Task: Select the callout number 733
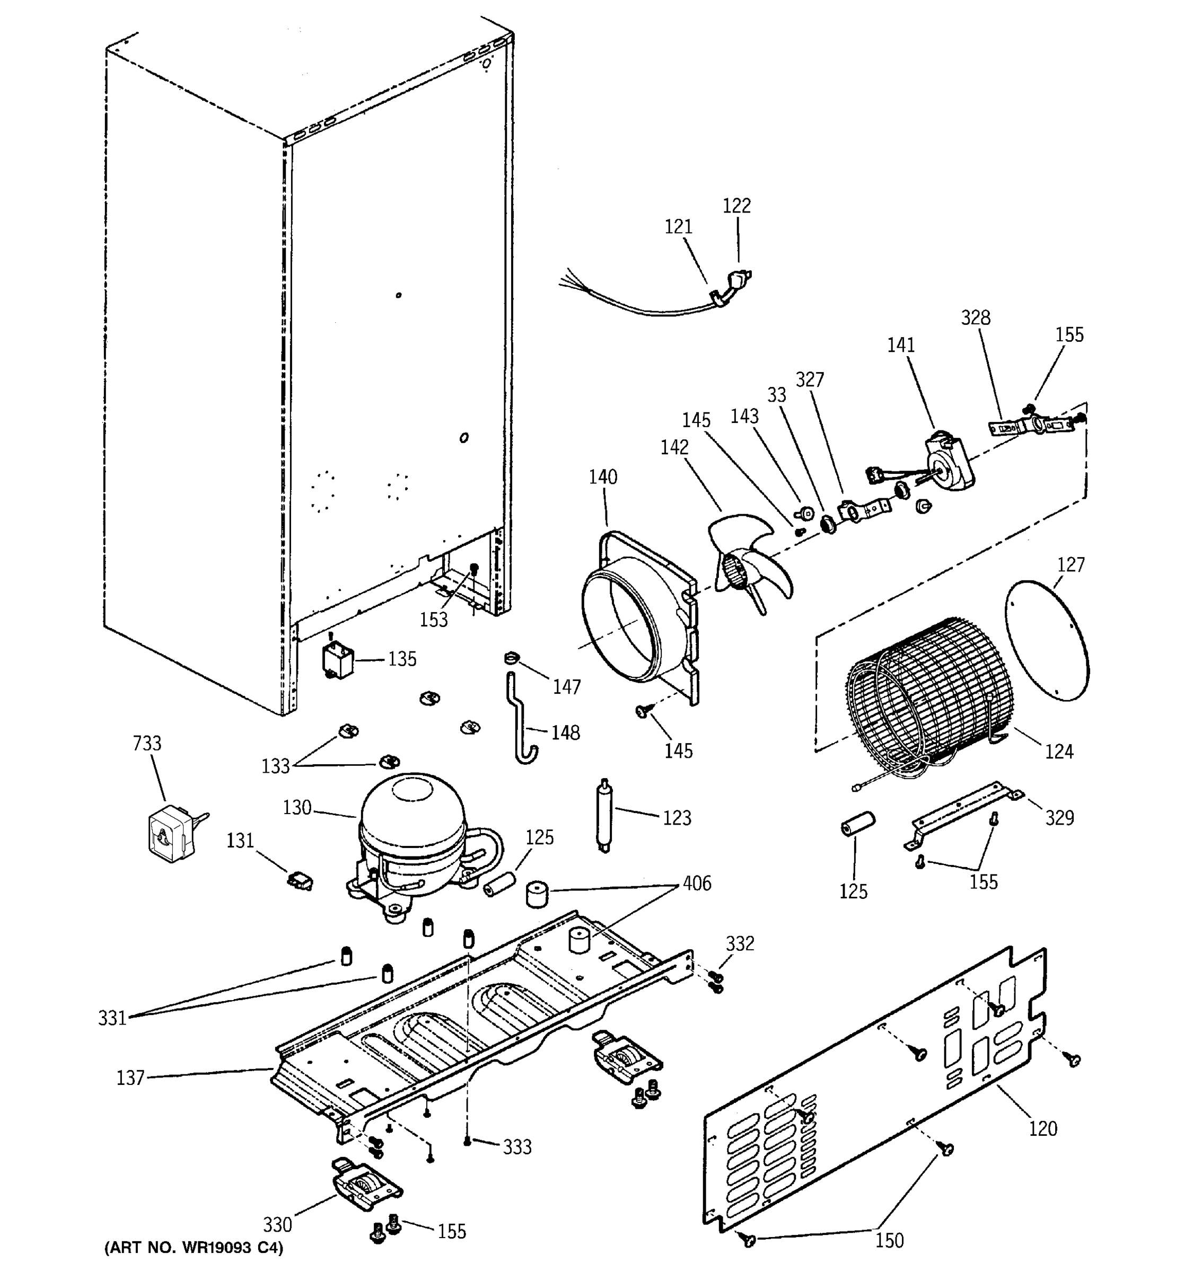[147, 744]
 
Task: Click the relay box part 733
[168, 831]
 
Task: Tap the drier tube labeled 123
[603, 815]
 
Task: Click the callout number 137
[130, 1078]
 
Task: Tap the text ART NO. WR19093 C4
[194, 1248]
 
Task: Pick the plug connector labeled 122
[739, 281]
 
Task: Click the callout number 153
[433, 620]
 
